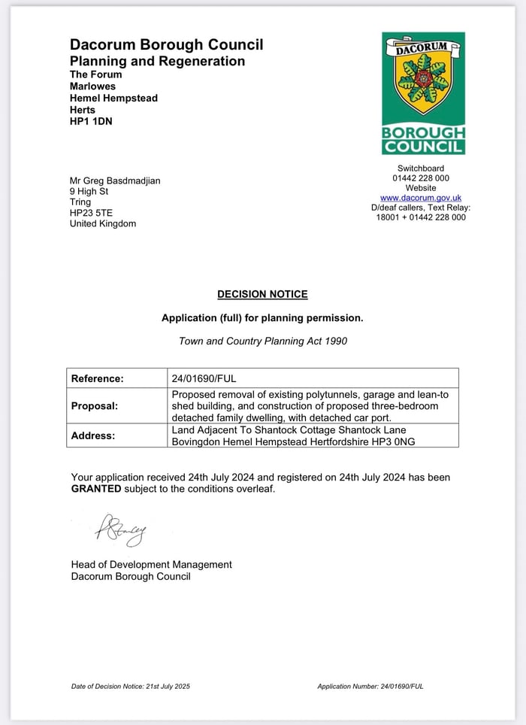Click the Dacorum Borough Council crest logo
tap(423, 93)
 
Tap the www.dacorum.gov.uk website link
tap(421, 198)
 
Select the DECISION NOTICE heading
tap(262, 295)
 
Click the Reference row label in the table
tap(97, 379)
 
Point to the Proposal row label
tap(95, 406)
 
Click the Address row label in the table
tap(93, 435)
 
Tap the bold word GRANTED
tap(96, 489)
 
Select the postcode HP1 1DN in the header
tap(91, 121)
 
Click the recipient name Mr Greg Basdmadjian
tap(114, 180)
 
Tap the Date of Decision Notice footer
tap(131, 686)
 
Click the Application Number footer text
tap(370, 686)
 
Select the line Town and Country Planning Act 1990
tap(262, 341)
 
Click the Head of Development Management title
tap(151, 565)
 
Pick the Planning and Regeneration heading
tap(157, 61)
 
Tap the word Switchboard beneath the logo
tap(420, 168)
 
